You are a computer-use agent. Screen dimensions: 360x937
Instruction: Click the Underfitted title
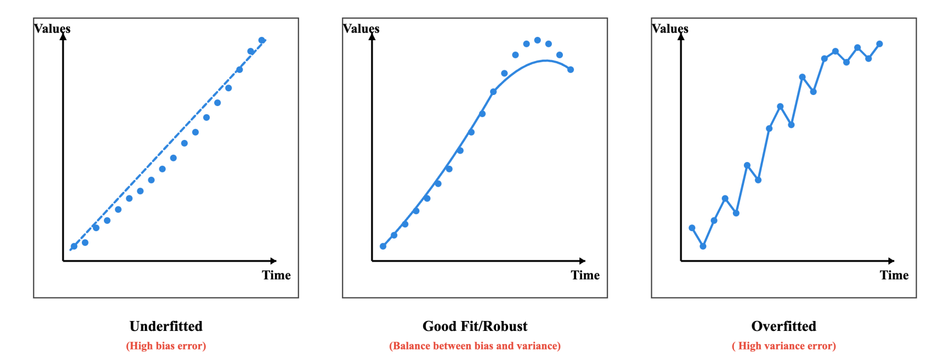[x=166, y=326]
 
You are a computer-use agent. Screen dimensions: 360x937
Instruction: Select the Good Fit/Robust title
[x=475, y=326]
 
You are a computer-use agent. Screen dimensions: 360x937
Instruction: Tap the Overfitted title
[x=783, y=326]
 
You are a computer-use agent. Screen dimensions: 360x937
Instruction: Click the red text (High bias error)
[x=166, y=346]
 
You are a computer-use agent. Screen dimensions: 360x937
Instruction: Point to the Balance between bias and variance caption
[x=475, y=346]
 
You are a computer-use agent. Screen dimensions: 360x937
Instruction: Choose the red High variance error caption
[x=783, y=346]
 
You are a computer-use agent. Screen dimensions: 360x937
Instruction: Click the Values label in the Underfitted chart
[x=52, y=29]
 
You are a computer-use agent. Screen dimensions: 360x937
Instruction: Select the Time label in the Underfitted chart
[x=276, y=275]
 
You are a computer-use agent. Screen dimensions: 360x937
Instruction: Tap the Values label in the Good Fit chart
[x=361, y=29]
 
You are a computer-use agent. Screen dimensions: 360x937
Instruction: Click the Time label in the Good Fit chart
[x=585, y=275]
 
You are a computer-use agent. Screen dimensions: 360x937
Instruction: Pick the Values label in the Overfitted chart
[x=670, y=29]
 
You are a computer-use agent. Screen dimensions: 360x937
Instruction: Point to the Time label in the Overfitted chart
[x=894, y=275]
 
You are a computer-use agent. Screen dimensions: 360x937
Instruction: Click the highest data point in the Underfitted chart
[x=262, y=40]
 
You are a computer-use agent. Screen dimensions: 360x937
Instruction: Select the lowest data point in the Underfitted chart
[x=74, y=246]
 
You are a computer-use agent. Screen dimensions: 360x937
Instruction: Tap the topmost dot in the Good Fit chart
[x=537, y=40]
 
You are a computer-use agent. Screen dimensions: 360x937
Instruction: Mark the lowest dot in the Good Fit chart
[x=383, y=246]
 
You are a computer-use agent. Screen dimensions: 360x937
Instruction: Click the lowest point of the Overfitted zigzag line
[x=703, y=246]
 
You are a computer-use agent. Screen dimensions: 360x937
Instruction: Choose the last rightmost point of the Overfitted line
[x=879, y=44]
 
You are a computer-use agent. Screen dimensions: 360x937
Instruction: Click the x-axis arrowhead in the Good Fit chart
[x=582, y=261]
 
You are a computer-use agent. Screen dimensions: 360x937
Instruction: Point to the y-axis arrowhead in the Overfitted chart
[x=681, y=36]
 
